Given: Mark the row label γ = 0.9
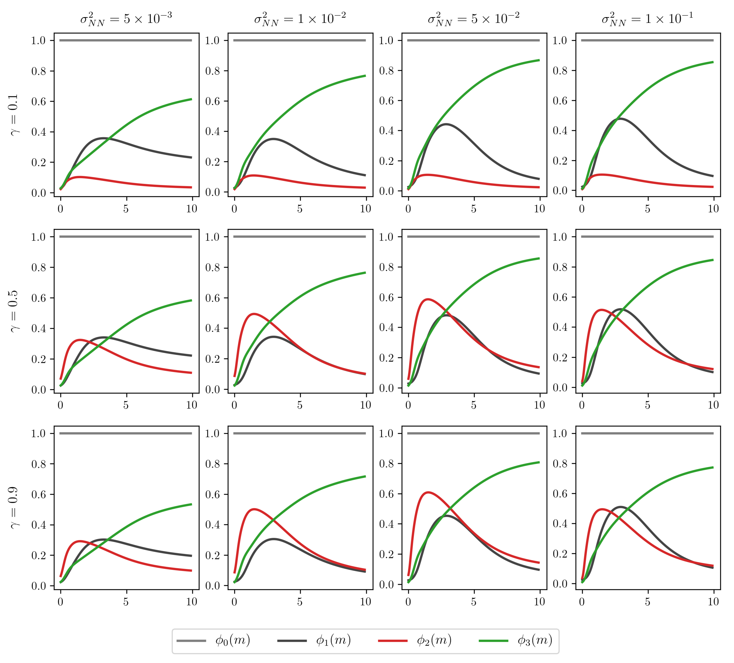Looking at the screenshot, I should tap(14, 508).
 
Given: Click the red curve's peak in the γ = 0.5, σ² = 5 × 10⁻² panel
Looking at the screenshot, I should tap(428, 300).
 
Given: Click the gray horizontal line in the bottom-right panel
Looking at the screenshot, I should tap(647, 433).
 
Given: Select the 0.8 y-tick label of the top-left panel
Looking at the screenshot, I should tap(39, 71).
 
